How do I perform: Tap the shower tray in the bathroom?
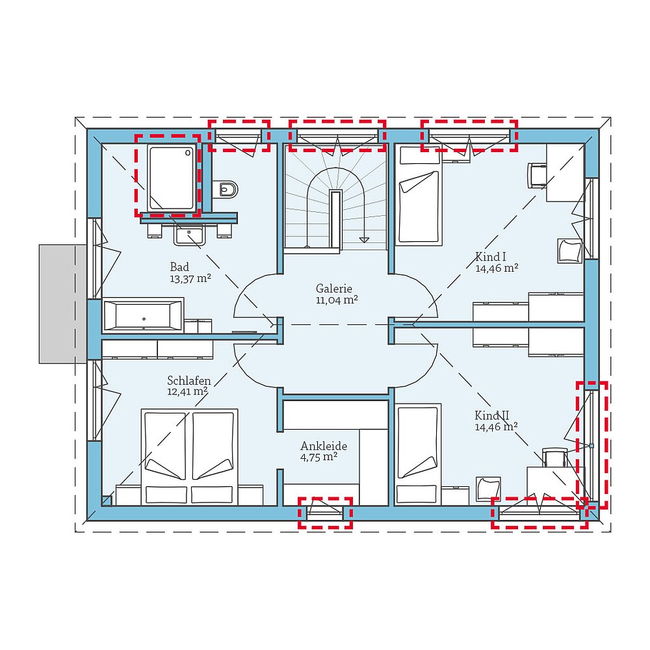[x=172, y=177]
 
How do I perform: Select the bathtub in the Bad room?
[x=144, y=316]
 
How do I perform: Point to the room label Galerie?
[x=334, y=288]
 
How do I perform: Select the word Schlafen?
[x=187, y=381]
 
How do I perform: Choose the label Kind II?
[x=491, y=415]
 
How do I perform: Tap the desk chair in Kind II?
[x=553, y=458]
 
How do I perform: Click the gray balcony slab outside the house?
[x=63, y=303]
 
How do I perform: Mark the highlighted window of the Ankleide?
[x=325, y=513]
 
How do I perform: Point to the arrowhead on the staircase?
[x=365, y=240]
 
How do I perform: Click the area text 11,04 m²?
[x=337, y=300]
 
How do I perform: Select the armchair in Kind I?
[x=569, y=251]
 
